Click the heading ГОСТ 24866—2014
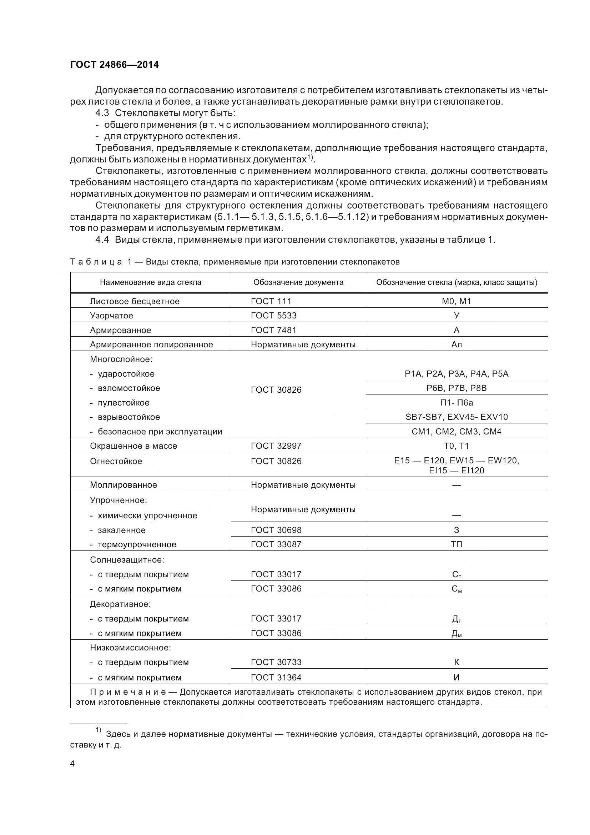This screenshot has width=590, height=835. (114, 65)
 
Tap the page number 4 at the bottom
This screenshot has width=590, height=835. (72, 764)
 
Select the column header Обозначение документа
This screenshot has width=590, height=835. (298, 283)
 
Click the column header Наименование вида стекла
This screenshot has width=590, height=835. (151, 283)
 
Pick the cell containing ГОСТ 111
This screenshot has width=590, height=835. (271, 301)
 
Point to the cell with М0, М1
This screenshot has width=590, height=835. (456, 301)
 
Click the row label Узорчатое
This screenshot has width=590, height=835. (111, 316)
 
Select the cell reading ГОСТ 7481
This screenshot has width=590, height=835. (273, 330)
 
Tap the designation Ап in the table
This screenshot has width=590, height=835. (456, 344)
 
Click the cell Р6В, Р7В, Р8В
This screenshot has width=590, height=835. (456, 388)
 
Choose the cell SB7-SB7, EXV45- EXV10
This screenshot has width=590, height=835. (456, 417)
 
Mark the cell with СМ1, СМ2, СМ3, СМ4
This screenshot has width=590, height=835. (456, 432)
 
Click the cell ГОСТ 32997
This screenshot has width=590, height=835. (276, 446)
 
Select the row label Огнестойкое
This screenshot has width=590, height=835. (116, 461)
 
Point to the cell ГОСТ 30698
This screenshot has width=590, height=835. (276, 530)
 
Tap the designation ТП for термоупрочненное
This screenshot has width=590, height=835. (456, 544)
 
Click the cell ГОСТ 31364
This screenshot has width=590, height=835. (276, 678)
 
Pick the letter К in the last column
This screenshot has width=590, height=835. (456, 662)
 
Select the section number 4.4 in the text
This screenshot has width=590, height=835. (102, 240)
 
